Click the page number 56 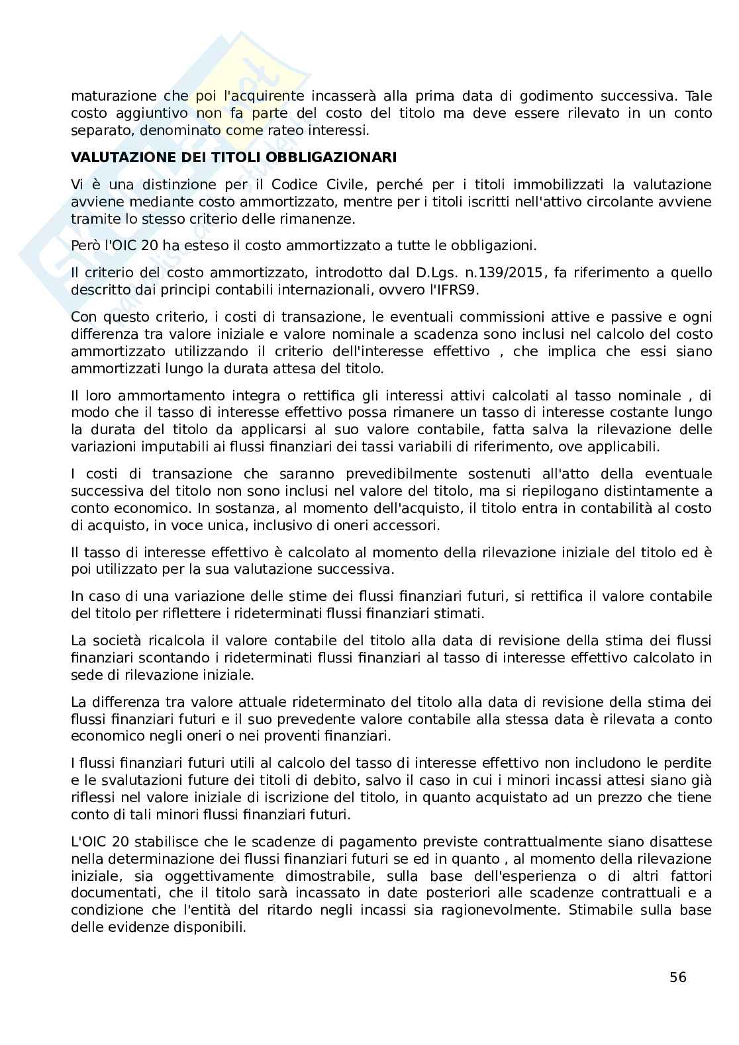point(677,977)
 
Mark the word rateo point(291,130)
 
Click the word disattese point(683,842)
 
